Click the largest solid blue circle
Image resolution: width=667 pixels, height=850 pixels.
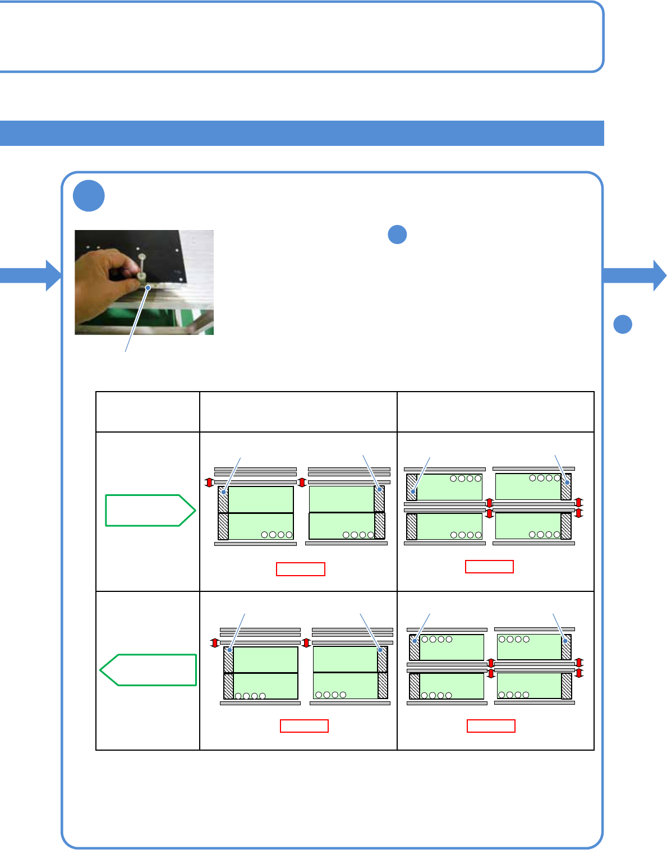89,196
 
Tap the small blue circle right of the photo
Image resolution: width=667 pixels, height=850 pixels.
397,235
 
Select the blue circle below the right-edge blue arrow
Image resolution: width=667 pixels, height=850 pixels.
623,324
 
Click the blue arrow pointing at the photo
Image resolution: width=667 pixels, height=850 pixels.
31,275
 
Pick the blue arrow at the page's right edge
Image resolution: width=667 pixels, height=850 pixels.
634,275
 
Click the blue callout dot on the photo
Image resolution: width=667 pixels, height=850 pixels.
148,287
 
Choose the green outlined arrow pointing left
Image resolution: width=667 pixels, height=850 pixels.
149,670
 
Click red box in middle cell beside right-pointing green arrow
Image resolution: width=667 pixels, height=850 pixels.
301,569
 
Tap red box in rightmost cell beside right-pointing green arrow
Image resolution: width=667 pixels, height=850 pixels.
489,567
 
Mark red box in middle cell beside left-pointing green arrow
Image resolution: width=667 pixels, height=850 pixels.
304,726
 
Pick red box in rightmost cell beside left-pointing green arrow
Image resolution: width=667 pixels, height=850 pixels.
491,726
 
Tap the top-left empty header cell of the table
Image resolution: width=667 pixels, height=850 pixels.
148,412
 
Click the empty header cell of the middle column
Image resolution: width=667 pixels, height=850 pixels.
298,412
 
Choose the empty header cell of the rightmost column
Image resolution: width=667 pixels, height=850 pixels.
495,412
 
